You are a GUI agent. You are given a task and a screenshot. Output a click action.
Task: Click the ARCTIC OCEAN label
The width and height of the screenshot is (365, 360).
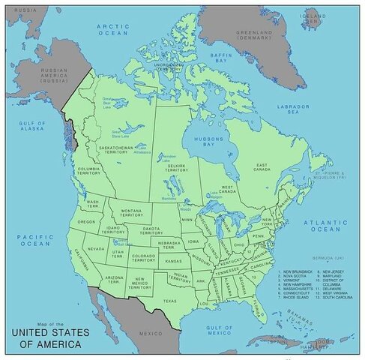(x=113, y=29)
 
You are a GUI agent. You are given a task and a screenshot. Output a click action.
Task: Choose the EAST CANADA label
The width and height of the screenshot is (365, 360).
(x=262, y=167)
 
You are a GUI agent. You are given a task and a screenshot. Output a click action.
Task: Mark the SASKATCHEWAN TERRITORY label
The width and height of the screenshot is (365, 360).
(x=115, y=150)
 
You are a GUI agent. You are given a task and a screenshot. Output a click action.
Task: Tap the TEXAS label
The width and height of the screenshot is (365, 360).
(x=169, y=301)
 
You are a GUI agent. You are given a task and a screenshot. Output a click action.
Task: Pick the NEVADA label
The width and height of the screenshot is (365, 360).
(x=96, y=248)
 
